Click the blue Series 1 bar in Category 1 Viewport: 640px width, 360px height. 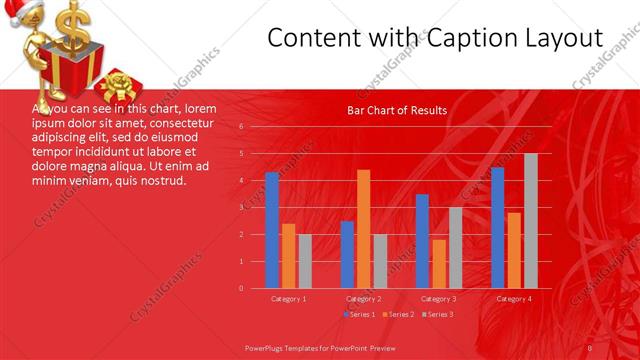point(272,230)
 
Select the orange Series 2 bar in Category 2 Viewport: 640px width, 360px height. point(363,229)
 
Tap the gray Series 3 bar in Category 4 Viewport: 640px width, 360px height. point(531,221)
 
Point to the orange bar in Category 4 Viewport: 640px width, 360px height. point(514,250)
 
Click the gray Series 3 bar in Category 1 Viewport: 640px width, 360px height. point(305,261)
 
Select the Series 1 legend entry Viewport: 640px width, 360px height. point(359,314)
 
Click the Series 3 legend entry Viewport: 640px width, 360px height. point(436,314)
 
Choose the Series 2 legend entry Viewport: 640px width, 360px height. point(397,314)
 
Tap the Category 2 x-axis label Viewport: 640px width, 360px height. point(363,298)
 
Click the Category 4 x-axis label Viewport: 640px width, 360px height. point(514,298)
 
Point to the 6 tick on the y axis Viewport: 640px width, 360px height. point(241,127)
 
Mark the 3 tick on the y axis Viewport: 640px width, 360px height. point(241,208)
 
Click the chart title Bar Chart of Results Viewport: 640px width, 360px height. point(397,110)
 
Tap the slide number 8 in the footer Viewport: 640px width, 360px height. point(590,347)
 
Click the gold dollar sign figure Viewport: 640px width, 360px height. point(72,25)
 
